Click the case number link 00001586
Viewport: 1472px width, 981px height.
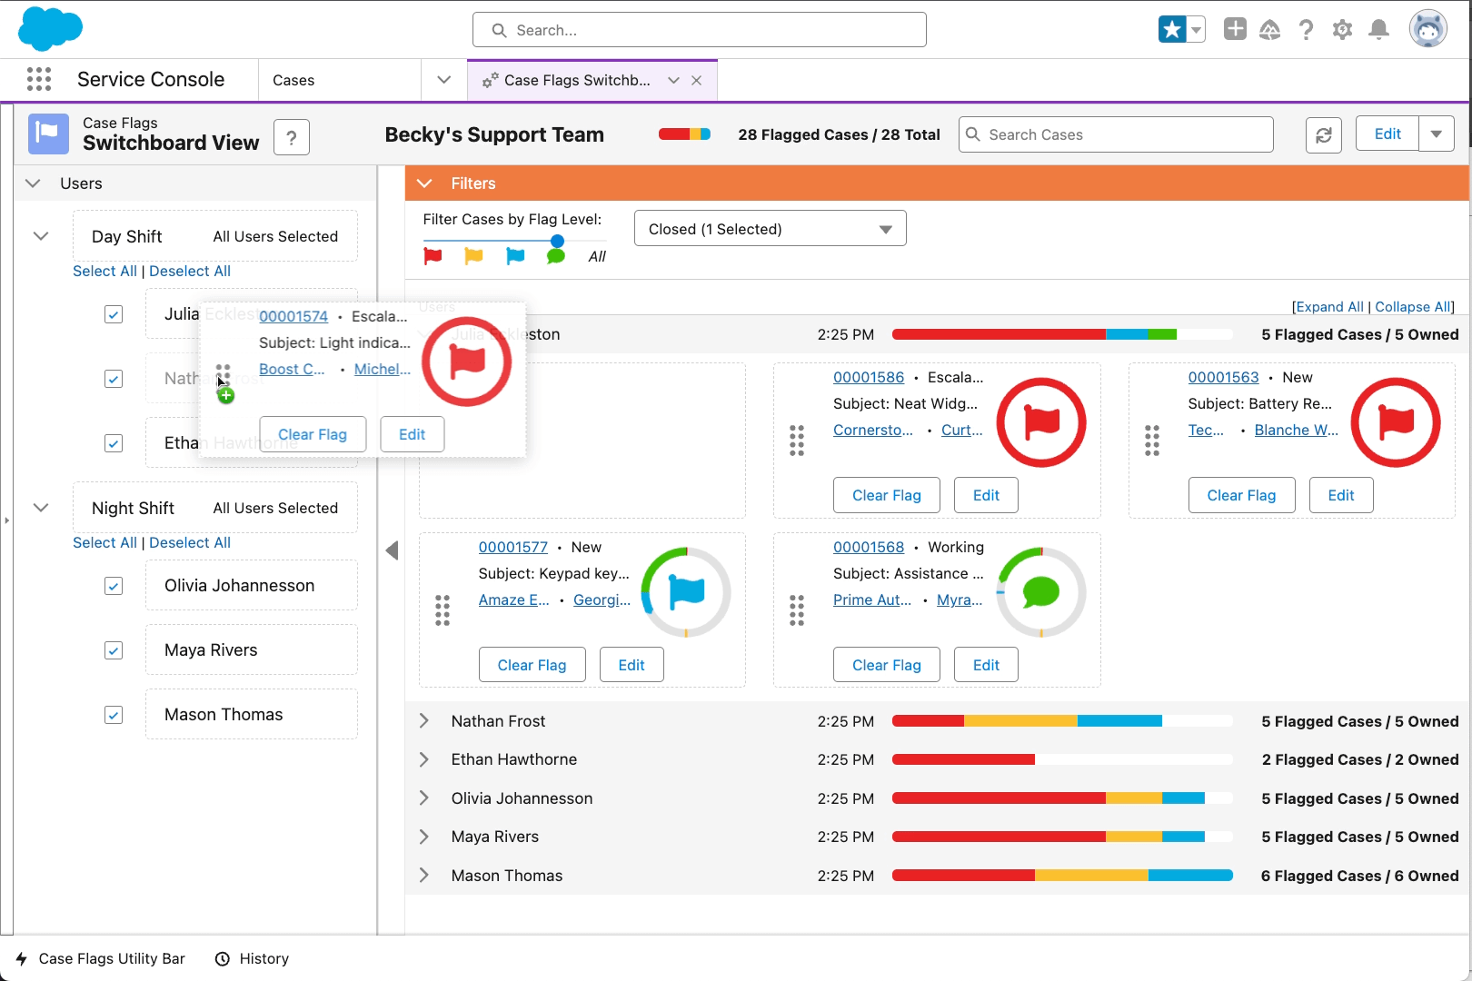click(869, 377)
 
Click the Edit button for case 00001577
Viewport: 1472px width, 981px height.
click(631, 665)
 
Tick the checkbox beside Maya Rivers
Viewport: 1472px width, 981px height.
click(114, 650)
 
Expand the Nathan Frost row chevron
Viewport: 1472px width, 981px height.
click(424, 721)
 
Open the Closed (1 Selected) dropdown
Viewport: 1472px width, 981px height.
click(770, 229)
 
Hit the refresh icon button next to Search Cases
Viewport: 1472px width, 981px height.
click(1323, 135)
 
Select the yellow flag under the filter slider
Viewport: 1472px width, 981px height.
click(473, 256)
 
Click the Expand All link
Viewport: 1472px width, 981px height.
click(1329, 307)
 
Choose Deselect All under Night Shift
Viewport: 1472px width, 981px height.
click(190, 542)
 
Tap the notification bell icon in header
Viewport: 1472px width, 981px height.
click(1378, 30)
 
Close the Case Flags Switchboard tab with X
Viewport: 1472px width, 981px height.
click(696, 80)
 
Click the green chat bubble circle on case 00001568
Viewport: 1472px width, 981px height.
click(1040, 592)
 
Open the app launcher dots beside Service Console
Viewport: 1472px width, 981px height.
click(39, 79)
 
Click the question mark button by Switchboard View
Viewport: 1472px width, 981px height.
click(292, 137)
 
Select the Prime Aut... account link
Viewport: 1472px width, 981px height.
click(871, 599)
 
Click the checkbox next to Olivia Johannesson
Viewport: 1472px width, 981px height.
click(114, 586)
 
